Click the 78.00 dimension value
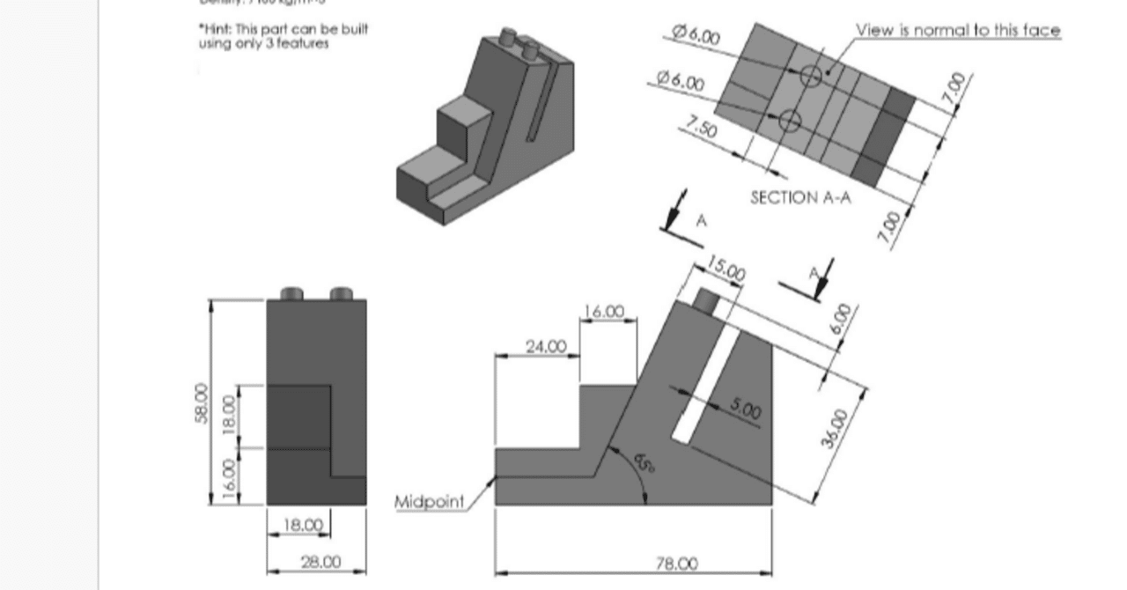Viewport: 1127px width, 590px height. (x=676, y=564)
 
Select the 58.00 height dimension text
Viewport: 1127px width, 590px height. (x=201, y=402)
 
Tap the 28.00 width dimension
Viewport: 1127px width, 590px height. (x=320, y=561)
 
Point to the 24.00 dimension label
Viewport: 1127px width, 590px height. (x=546, y=346)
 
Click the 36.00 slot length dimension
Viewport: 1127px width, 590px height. (x=834, y=428)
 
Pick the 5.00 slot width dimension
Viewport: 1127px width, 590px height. (x=745, y=409)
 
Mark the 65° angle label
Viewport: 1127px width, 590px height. (x=645, y=460)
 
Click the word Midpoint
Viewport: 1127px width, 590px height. (x=429, y=502)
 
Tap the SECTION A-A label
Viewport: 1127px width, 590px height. (x=800, y=197)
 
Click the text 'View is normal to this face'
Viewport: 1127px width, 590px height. (x=958, y=30)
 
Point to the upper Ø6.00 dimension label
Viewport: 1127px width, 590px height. (x=696, y=35)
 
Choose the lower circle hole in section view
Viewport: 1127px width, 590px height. (x=790, y=121)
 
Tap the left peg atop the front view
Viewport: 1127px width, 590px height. (x=291, y=293)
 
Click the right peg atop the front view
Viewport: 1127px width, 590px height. (x=341, y=293)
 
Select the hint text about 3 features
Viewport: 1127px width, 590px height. (x=283, y=36)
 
